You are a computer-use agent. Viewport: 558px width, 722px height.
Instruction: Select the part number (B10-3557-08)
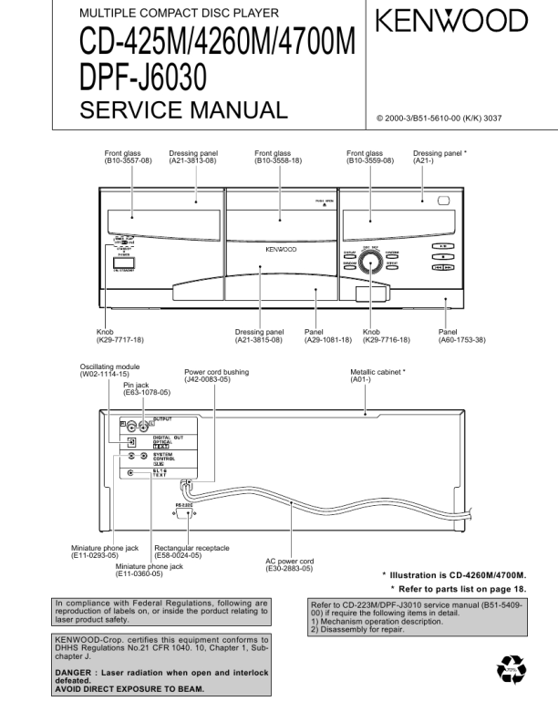128,160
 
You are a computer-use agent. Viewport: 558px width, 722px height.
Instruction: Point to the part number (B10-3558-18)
278,160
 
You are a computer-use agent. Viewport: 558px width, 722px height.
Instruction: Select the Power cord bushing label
216,372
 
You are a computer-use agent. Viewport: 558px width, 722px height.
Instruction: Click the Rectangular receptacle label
191,548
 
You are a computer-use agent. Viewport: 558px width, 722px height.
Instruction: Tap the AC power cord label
289,562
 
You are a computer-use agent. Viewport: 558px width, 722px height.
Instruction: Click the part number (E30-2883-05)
289,569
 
